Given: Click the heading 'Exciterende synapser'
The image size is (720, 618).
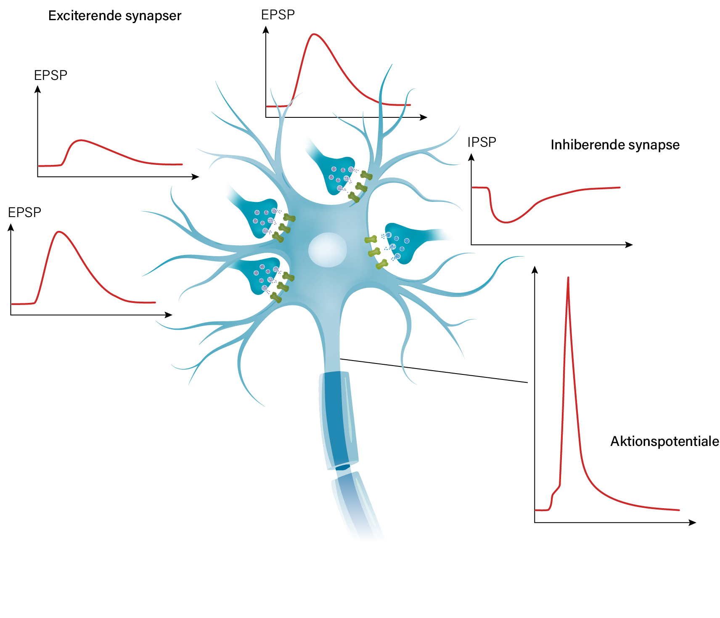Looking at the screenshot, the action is (x=115, y=16).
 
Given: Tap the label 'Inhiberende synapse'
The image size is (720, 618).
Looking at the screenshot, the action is (x=615, y=145).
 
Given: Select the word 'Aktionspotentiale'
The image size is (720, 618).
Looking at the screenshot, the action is (x=664, y=441).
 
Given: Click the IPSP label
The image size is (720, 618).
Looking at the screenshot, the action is (x=482, y=142).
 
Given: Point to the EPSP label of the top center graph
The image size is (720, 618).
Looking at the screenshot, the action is (x=278, y=15).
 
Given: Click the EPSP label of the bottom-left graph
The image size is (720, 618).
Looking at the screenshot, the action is (x=24, y=212).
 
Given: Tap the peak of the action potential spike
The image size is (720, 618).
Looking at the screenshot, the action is (x=568, y=278).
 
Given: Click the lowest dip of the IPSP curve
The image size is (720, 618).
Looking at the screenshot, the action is (x=506, y=222).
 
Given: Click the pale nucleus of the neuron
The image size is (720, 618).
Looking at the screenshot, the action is (x=328, y=250).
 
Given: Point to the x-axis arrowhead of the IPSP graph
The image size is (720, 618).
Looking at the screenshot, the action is (x=630, y=245).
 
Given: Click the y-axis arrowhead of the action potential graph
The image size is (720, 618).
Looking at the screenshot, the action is (x=535, y=270).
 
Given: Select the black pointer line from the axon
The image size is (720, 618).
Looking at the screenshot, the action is (x=434, y=371).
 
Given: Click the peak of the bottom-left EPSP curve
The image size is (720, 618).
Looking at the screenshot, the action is (x=59, y=232).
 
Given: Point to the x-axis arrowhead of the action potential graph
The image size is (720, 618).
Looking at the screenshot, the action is (x=693, y=523).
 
